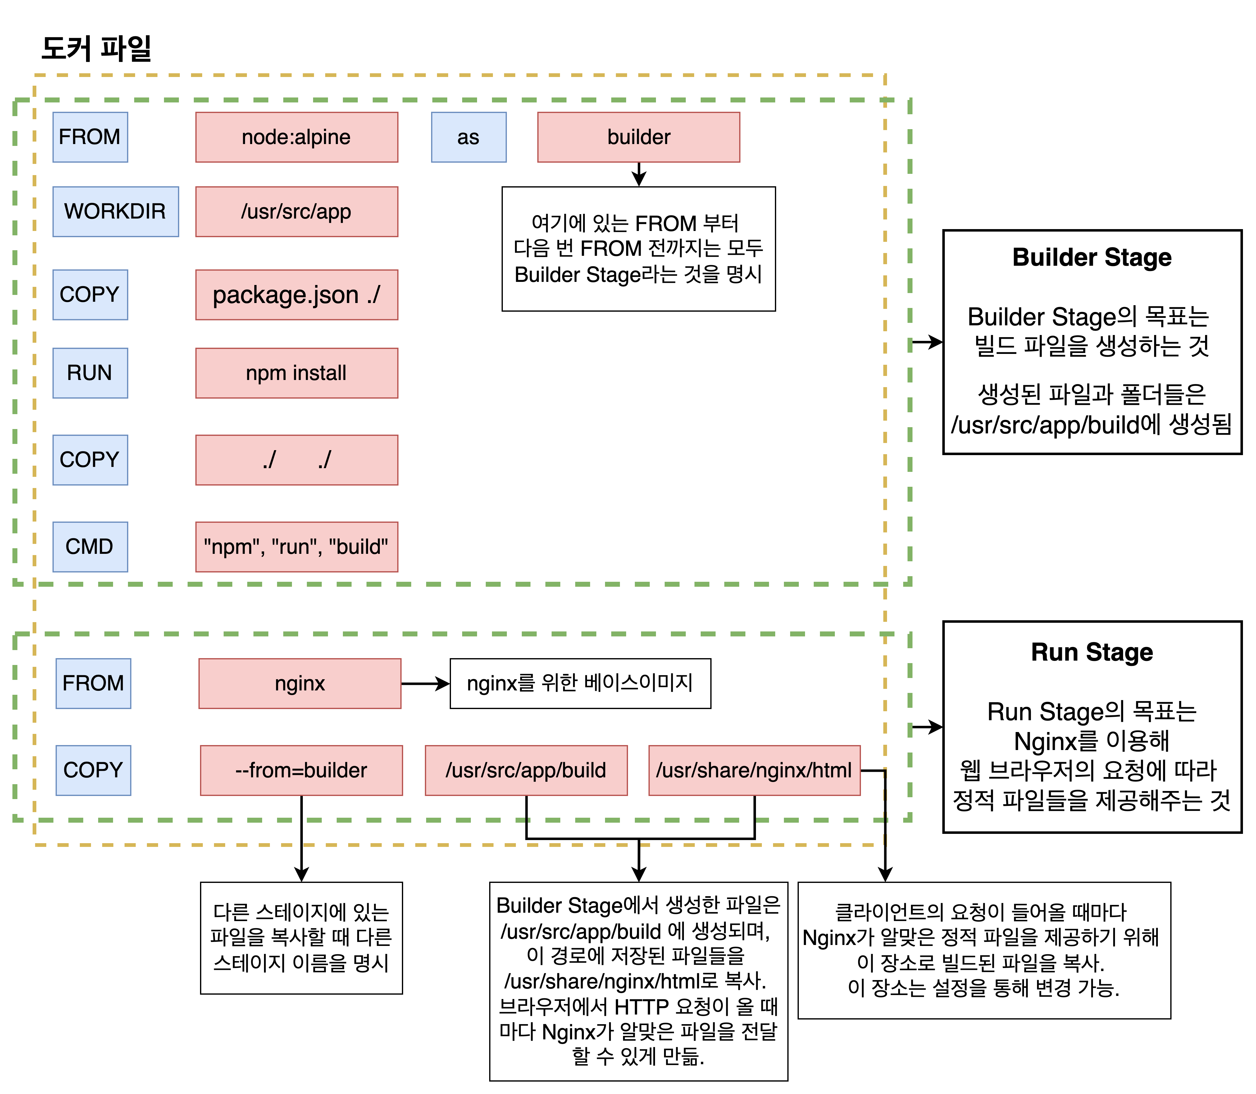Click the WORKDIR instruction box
pos(116,211)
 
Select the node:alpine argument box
pos(296,137)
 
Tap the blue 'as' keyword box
pos(468,137)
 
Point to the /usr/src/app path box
pos(296,211)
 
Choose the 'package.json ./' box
pos(296,294)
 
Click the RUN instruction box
pos(90,373)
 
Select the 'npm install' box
pos(296,373)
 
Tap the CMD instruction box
pos(90,546)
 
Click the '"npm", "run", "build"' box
pos(296,546)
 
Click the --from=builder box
pos(301,770)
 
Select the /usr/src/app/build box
pos(526,770)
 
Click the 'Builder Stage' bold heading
pos(1092,257)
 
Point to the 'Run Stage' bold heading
pos(1092,652)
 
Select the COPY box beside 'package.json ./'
pos(90,294)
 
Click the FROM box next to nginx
pos(93,683)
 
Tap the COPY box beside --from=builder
pos(93,770)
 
